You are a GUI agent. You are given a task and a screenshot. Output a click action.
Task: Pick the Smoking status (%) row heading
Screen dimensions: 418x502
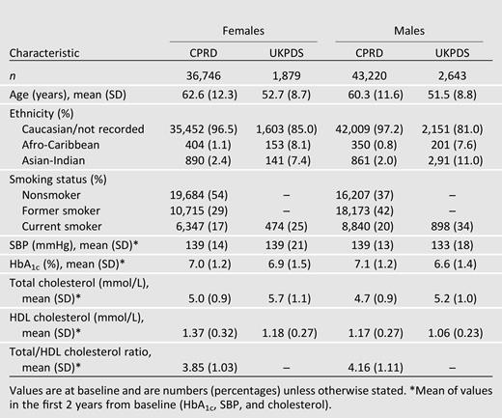coord(56,180)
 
